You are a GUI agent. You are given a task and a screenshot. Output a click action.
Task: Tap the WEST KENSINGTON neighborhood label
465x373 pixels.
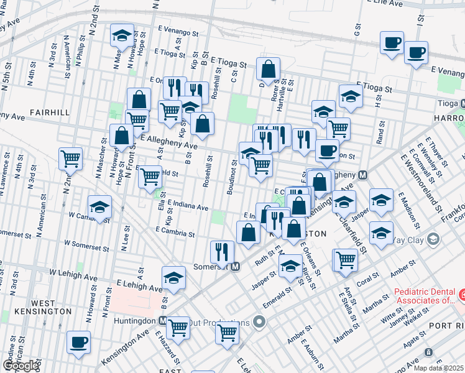coord(53,307)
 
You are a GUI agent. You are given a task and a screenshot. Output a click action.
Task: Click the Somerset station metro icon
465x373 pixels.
coord(236,267)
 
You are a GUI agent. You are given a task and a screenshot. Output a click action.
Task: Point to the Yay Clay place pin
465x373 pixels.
coord(433,239)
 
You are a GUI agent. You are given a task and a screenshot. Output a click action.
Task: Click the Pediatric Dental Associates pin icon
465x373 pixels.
coord(462,293)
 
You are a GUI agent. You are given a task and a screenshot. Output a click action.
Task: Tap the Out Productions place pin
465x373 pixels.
coord(260,322)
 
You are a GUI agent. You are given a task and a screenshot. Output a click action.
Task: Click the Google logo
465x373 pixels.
coord(21,366)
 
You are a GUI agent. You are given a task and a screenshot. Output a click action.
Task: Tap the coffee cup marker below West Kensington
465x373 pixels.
coord(78,342)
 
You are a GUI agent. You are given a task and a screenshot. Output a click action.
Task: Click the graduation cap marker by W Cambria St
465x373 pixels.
coord(99,207)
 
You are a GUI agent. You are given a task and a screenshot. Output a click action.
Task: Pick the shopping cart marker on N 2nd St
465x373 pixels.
coord(71,158)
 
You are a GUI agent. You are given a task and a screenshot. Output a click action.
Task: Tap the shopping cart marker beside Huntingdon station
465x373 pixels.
coord(178,326)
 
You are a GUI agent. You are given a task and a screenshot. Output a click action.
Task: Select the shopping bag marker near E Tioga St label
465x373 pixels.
coord(268,69)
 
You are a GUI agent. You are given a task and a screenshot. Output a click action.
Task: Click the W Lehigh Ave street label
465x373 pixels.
coord(74,274)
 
